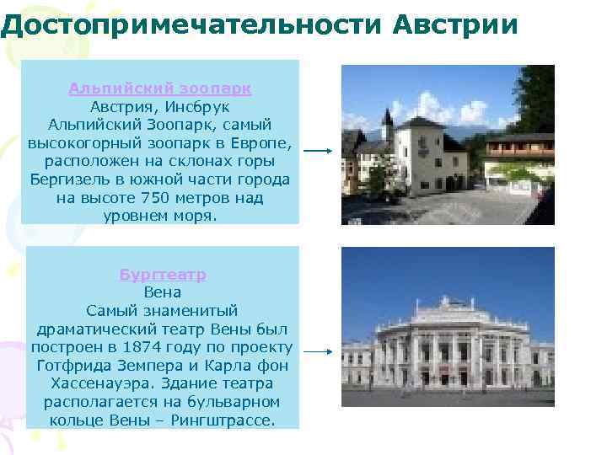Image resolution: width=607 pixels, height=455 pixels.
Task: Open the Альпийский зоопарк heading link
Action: click(160, 88)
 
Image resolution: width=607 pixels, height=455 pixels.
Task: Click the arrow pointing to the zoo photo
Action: click(320, 153)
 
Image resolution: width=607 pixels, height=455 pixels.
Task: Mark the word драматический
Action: click(94, 329)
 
